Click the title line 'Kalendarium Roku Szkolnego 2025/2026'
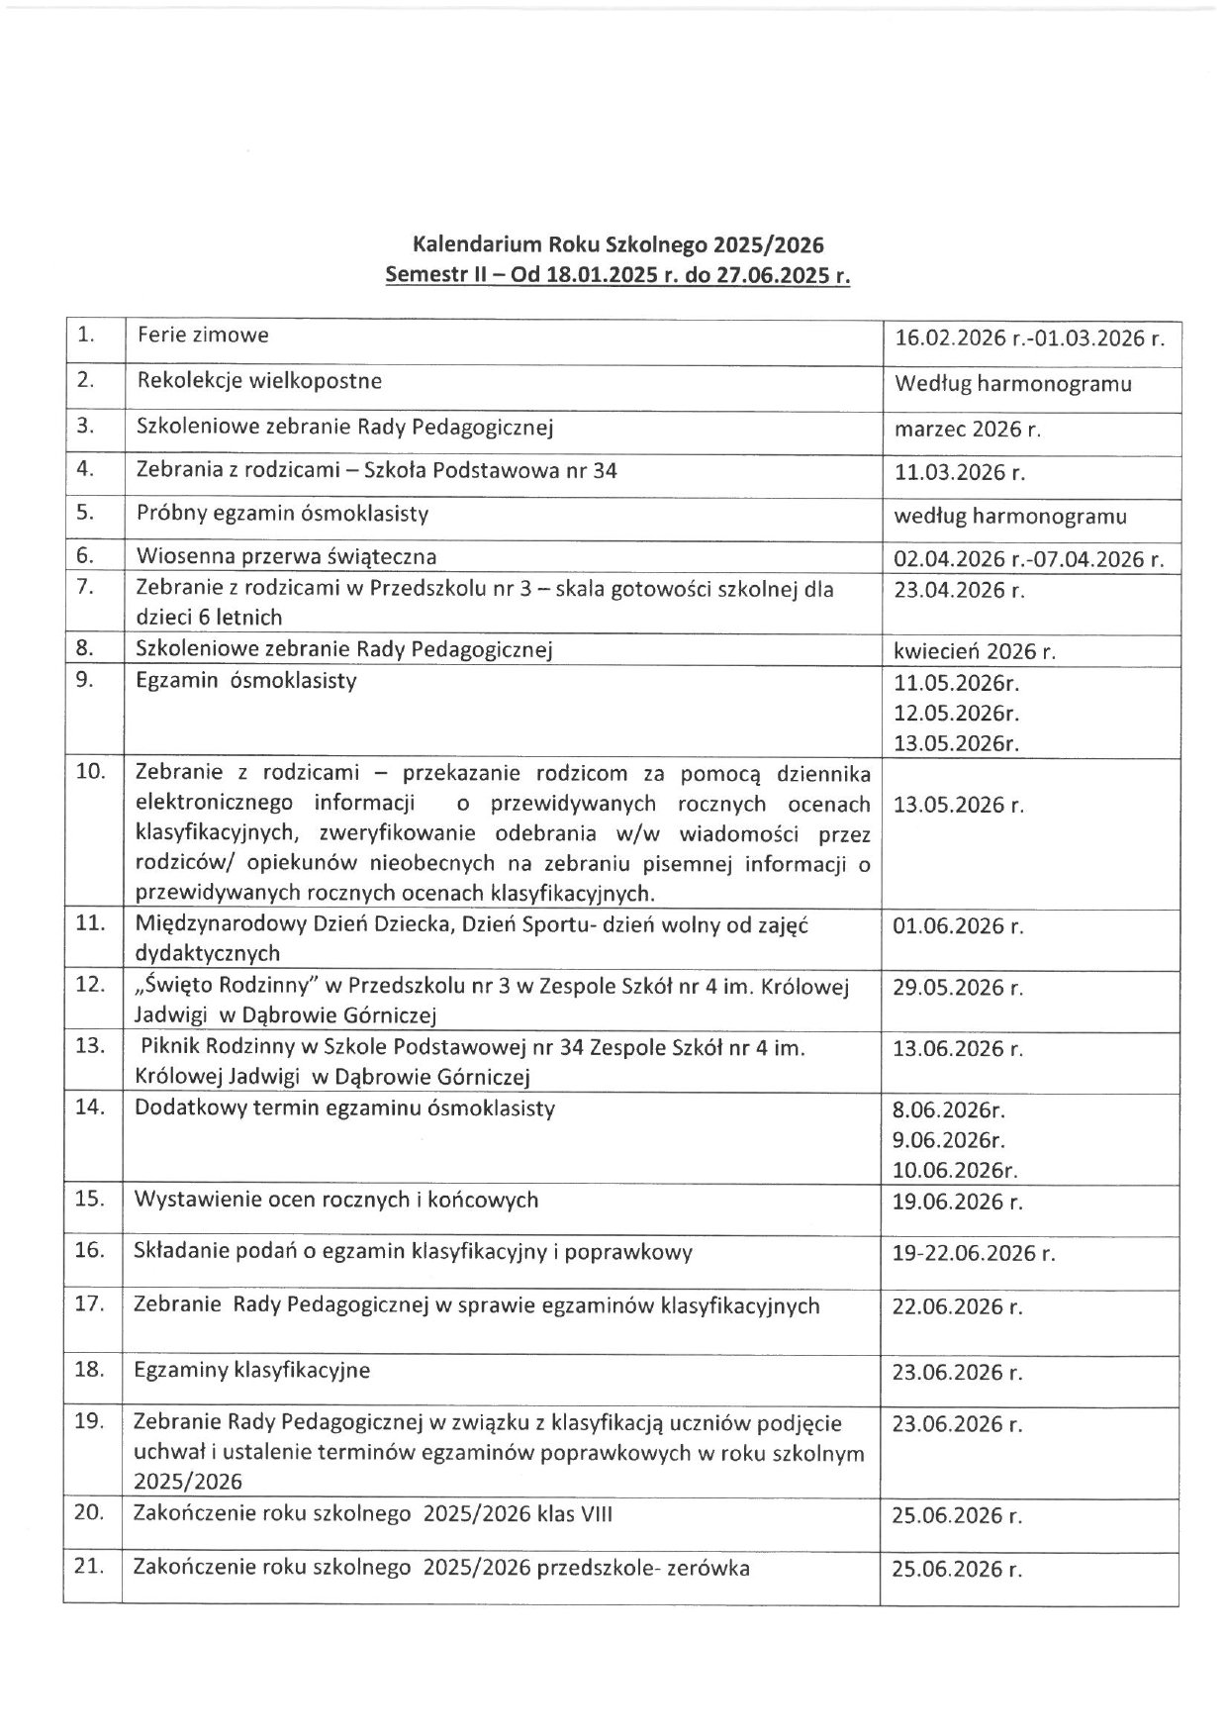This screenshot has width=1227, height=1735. pos(618,244)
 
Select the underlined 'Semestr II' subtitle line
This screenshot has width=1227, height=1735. pos(618,276)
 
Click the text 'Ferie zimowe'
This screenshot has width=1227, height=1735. pos(203,335)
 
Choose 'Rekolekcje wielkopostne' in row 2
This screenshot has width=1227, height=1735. pos(259,380)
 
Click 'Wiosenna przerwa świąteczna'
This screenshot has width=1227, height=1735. pos(286,556)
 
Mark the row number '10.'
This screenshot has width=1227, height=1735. pos(90,772)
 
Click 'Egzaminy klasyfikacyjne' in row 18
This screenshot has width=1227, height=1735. pos(252,1371)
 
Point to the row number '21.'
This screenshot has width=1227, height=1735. pos(90,1567)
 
